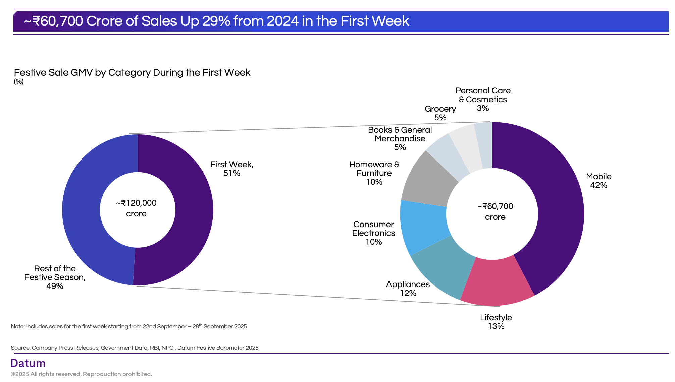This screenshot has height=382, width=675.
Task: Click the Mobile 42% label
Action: pos(599,181)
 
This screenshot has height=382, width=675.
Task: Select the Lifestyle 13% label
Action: pos(496,322)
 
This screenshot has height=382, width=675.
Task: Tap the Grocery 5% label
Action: pos(440,113)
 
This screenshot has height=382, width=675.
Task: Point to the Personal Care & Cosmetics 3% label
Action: pos(483,100)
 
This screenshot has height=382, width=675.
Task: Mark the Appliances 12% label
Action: pos(408,289)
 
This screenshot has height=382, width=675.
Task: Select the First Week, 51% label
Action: pos(232,169)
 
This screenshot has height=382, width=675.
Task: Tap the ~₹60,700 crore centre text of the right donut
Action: pos(495,212)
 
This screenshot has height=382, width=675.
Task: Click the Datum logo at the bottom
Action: pos(28,363)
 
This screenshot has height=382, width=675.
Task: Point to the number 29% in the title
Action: pos(216,21)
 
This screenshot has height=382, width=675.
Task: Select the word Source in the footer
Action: pos(20,348)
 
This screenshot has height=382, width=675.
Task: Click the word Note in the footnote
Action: pos(17,327)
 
